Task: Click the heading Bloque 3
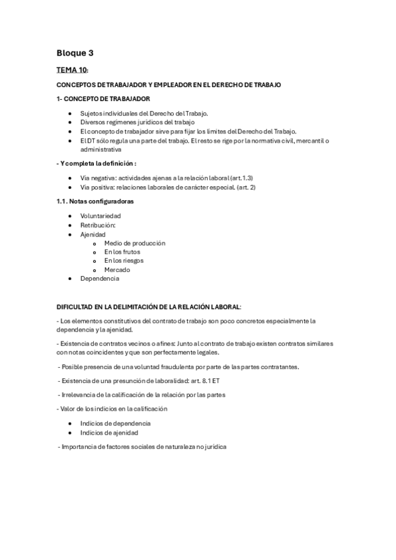[x=75, y=53]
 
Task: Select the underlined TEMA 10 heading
[x=71, y=70]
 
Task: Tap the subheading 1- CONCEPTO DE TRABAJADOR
[x=103, y=98]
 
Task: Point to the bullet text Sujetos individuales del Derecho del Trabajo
[x=144, y=113]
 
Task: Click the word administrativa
[x=101, y=149]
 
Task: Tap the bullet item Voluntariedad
[x=100, y=216]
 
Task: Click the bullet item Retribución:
[x=98, y=225]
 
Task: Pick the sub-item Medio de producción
[x=134, y=243]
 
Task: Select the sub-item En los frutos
[x=122, y=252]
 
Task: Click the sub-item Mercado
[x=117, y=269]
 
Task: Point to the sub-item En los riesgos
[x=124, y=261]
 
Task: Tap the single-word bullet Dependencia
[x=100, y=279]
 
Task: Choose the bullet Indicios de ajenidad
[x=109, y=433]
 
